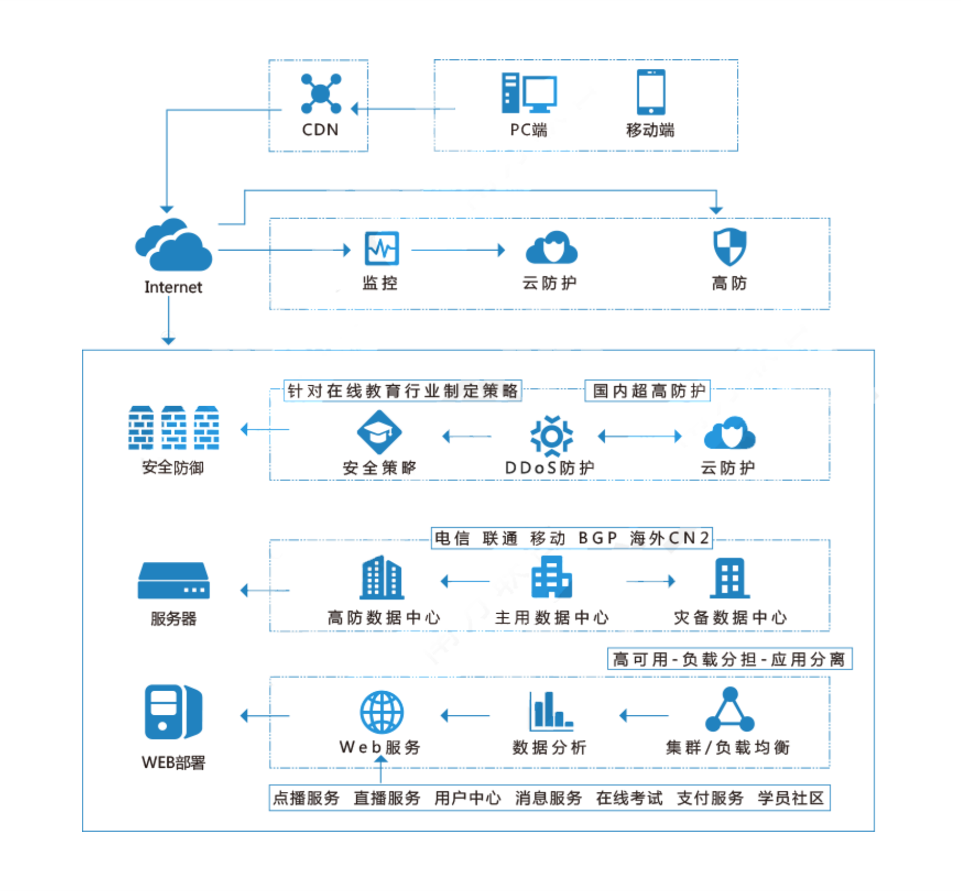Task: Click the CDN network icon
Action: (321, 94)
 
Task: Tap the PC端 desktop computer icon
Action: (529, 93)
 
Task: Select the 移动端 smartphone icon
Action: (651, 92)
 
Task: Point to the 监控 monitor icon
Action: (382, 248)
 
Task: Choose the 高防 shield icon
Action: (729, 247)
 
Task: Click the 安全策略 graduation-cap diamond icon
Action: (379, 432)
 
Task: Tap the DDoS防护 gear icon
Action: (551, 435)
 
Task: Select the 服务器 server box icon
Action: (174, 581)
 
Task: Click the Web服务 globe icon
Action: (382, 712)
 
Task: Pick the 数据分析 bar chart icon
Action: (550, 712)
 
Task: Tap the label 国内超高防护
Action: (648, 391)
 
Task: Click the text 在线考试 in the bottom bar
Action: (629, 798)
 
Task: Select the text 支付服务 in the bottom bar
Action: (710, 798)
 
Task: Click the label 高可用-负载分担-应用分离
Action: (729, 659)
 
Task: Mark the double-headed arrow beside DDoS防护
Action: (640, 436)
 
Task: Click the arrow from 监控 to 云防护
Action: (458, 250)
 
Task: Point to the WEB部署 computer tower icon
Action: (173, 712)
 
